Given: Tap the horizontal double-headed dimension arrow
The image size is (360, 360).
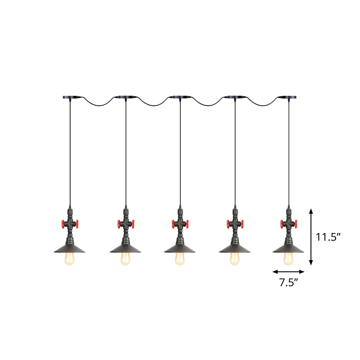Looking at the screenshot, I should (x=288, y=272).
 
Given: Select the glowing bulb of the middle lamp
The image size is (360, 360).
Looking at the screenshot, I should (x=180, y=258).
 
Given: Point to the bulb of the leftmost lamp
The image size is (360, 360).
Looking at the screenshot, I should (x=71, y=258).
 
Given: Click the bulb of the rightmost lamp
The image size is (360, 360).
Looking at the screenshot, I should (x=288, y=258).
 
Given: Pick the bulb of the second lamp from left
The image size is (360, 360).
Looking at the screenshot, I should (x=126, y=258).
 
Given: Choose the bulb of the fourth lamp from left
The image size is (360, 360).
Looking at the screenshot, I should (x=234, y=258).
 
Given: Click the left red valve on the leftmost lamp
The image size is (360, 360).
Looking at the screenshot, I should (x=62, y=223).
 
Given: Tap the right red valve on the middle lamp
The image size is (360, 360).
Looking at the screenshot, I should (x=189, y=223).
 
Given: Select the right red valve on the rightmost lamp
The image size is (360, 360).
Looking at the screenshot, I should (x=297, y=223).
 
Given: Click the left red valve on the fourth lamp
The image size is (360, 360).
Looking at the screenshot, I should (x=226, y=223).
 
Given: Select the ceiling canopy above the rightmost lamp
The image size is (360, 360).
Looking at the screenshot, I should (x=288, y=97).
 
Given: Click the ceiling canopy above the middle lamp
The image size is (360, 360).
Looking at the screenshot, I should (x=180, y=97).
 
